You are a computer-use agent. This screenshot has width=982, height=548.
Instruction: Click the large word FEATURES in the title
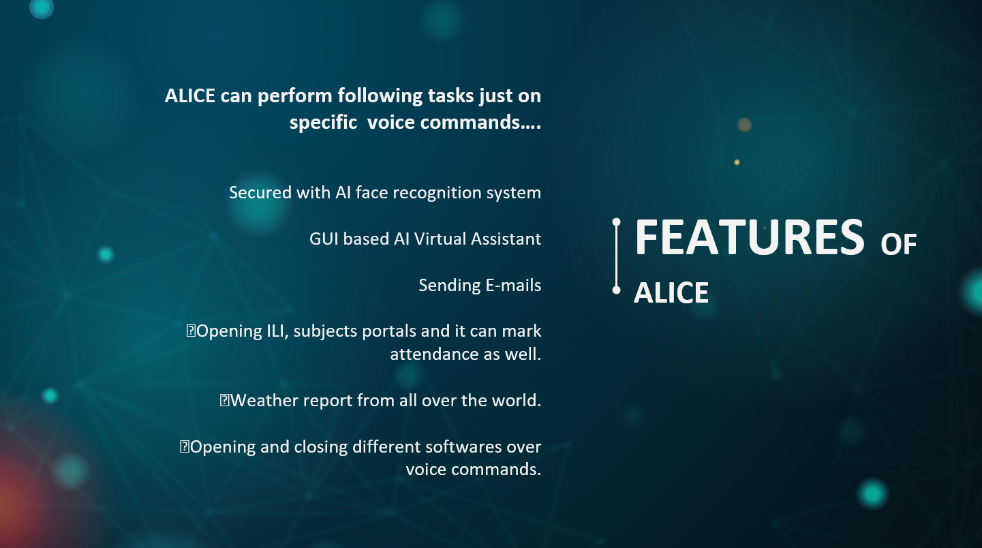749,237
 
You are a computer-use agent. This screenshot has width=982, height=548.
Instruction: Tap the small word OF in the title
899,245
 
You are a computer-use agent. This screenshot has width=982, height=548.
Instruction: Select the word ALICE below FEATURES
671,292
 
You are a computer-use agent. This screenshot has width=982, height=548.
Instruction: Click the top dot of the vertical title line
616,222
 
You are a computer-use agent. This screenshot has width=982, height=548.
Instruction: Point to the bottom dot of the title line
616,290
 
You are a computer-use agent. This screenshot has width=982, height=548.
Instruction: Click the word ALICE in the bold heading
190,96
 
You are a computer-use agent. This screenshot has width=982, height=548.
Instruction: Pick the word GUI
324,239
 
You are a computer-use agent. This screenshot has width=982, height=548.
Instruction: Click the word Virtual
440,239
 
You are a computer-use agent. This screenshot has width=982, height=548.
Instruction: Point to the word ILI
277,331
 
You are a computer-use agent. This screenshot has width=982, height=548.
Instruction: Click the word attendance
443,354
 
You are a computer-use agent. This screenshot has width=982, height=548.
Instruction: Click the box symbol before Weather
224,400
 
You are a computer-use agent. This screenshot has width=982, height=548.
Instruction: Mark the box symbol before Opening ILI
191,331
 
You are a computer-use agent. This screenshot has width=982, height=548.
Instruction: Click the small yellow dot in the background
737,162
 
